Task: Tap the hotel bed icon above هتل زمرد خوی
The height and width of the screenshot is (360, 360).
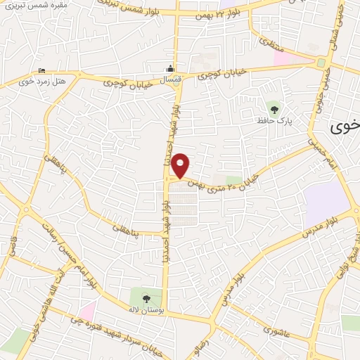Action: [x=41, y=70]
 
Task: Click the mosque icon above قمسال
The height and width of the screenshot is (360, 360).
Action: [x=169, y=70]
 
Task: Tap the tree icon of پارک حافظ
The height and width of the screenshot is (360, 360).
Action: [x=273, y=109]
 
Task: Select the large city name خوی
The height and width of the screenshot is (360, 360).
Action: [x=345, y=127]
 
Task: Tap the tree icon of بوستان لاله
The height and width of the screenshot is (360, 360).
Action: [x=147, y=298]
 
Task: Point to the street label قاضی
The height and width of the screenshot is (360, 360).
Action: [x=12, y=245]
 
